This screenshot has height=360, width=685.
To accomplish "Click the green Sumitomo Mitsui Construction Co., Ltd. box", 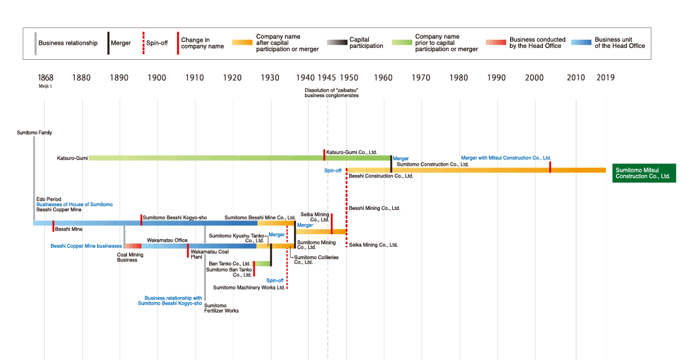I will (643, 173).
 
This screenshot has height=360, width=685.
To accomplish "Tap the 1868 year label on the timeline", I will (45, 78).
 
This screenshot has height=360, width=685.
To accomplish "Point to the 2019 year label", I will (605, 78).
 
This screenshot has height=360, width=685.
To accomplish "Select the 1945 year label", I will (327, 78).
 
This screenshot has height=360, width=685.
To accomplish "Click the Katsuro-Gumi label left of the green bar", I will (72, 158).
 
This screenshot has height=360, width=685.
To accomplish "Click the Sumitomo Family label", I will (34, 133).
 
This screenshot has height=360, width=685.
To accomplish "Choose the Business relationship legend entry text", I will (68, 43).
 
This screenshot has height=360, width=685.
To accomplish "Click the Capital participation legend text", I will (366, 43).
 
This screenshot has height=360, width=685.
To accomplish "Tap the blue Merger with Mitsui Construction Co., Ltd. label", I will (506, 158).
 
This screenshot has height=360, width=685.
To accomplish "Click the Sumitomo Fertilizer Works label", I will (221, 308).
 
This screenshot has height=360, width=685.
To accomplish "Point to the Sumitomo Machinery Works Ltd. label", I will (249, 288).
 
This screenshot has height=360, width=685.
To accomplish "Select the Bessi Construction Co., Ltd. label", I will (380, 176).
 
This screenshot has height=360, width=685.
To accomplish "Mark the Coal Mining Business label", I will (130, 257).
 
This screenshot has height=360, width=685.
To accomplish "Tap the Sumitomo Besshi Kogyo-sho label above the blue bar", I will (174, 217).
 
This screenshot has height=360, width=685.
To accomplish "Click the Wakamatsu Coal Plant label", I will (209, 254).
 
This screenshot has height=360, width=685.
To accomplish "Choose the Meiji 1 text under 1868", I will (45, 88).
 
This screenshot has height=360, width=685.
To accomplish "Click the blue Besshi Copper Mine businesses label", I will (86, 246).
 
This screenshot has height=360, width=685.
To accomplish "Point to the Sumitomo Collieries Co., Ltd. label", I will (316, 260).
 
